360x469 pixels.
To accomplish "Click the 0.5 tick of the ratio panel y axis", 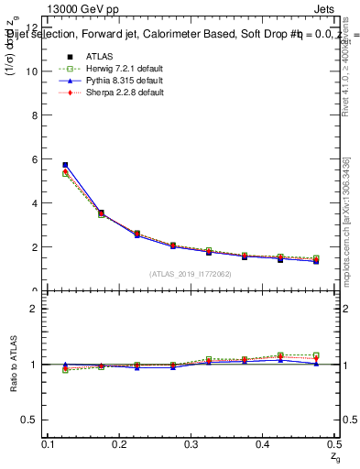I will (x=33, y=420).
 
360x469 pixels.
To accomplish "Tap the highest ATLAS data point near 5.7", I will (x=65, y=165).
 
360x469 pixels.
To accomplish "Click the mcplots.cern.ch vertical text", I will (x=347, y=220).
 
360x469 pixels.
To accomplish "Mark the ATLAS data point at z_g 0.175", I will (x=101, y=213).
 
